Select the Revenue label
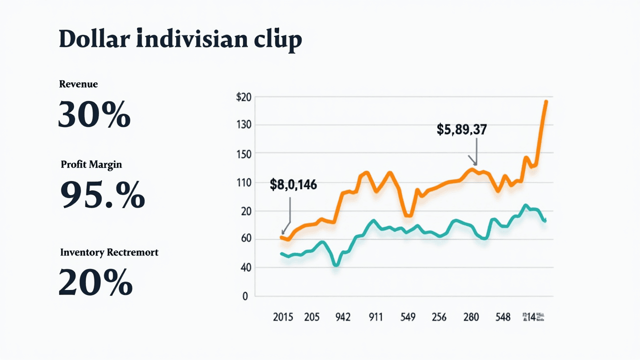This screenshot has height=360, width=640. (x=78, y=84)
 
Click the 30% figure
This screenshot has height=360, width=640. (x=94, y=114)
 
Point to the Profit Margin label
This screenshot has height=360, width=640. (x=91, y=164)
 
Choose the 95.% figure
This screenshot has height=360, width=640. (x=102, y=194)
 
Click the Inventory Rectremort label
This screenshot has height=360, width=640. (x=109, y=252)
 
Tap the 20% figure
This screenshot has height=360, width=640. (x=95, y=282)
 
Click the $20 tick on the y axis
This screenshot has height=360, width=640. (x=244, y=97)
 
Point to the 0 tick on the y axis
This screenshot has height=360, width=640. (x=245, y=296)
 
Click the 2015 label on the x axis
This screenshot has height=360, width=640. (x=283, y=317)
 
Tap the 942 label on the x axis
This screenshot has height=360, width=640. (x=342, y=317)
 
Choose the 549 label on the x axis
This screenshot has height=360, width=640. (x=407, y=317)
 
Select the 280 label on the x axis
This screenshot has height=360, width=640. (x=471, y=317)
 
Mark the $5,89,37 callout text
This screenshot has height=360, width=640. (x=461, y=130)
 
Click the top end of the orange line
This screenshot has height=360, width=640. (x=546, y=101)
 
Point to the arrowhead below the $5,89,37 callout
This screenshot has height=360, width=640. (x=475, y=163)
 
